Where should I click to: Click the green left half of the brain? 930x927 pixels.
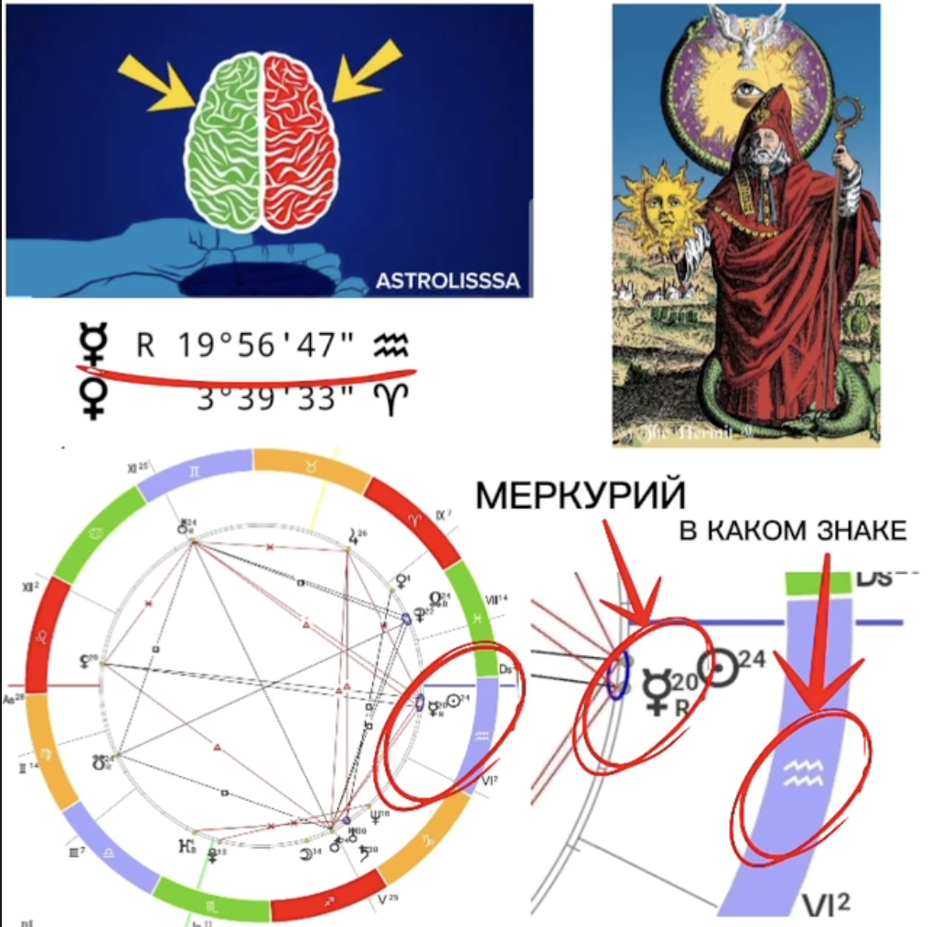pos(224,142)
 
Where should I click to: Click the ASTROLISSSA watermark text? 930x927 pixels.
pos(447,281)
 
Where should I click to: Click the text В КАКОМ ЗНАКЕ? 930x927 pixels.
pos(793,532)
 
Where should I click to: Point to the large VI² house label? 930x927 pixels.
pos(827,903)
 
